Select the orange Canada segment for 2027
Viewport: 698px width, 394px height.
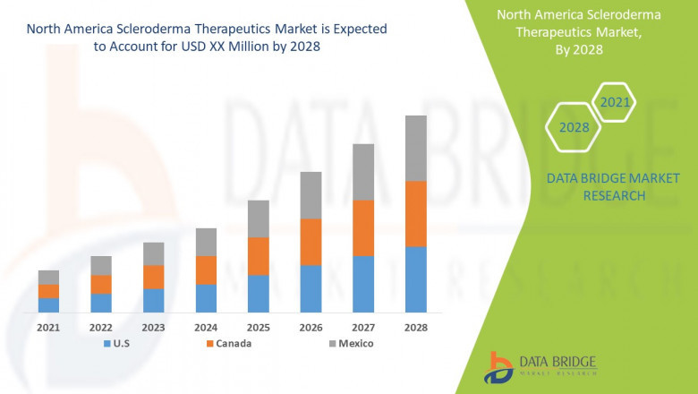click(363, 227)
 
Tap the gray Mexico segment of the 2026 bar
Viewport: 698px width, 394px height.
click(311, 195)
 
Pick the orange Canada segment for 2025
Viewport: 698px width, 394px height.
click(258, 256)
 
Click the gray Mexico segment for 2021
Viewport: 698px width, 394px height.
click(48, 277)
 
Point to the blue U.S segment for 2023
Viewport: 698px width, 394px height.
click(153, 300)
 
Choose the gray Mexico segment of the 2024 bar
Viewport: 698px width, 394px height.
click(206, 242)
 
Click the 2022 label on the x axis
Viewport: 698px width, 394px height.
click(101, 328)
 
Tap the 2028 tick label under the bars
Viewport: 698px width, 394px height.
click(416, 328)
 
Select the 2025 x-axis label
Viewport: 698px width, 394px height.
click(258, 328)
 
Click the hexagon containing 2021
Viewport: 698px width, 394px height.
click(614, 103)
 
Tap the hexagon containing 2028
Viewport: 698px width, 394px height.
click(574, 127)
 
